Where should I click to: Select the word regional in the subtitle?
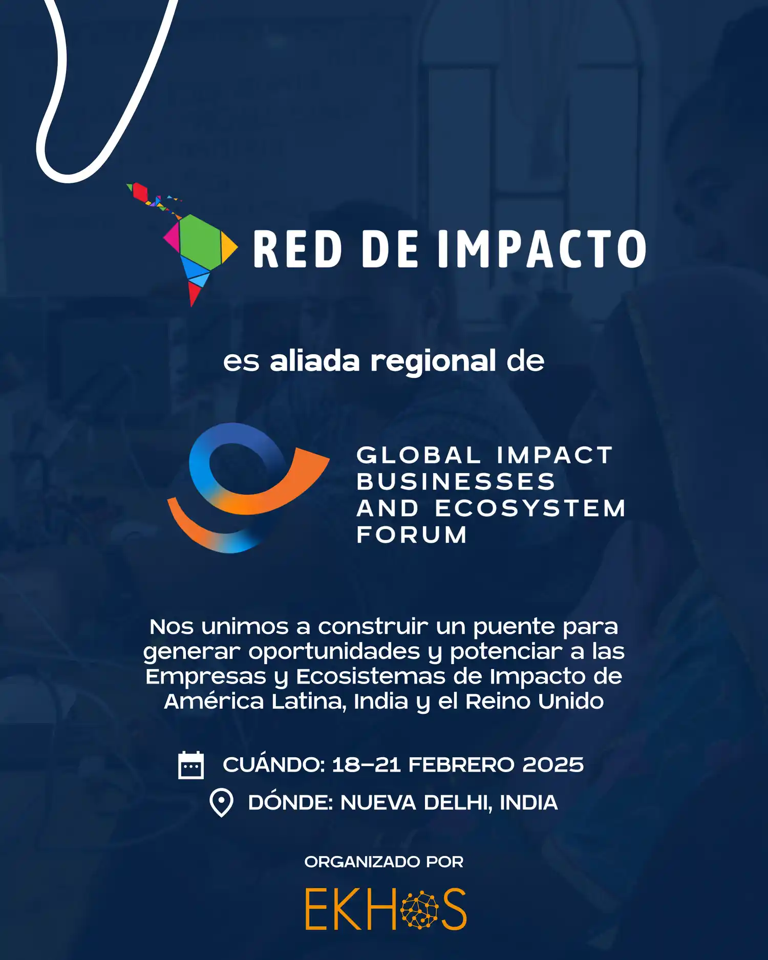pyautogui.click(x=433, y=361)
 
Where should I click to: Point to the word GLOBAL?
pyautogui.click(x=418, y=455)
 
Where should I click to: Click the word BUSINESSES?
pyautogui.click(x=456, y=482)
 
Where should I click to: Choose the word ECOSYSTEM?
pyautogui.click(x=530, y=508)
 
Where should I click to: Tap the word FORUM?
pyautogui.click(x=412, y=535)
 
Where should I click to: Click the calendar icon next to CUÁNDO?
pyautogui.click(x=191, y=765)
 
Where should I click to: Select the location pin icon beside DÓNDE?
pyautogui.click(x=221, y=802)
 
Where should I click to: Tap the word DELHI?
pyautogui.click(x=458, y=803)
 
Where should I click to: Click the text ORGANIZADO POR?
pyautogui.click(x=384, y=862)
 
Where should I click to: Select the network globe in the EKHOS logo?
pyautogui.click(x=419, y=910)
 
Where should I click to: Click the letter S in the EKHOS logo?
pyautogui.click(x=454, y=910)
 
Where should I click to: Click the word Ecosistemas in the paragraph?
pyautogui.click(x=371, y=676)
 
